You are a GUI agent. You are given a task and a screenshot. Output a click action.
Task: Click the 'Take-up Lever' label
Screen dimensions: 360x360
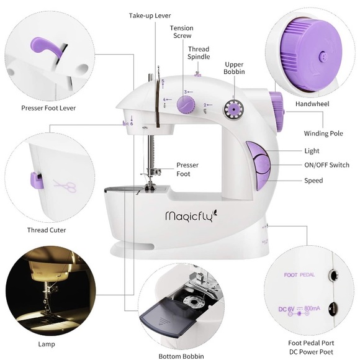tap(150, 15)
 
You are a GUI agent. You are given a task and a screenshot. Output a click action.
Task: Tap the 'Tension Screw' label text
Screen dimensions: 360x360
tap(182, 32)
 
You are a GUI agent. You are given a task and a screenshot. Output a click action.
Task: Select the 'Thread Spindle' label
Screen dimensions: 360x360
tap(199, 53)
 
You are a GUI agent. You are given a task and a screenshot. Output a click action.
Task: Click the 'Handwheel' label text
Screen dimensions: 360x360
tap(312, 104)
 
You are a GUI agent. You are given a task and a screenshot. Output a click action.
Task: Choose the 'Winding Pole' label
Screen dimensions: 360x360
tap(323, 133)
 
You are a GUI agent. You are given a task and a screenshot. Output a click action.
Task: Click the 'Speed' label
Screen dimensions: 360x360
tap(313, 181)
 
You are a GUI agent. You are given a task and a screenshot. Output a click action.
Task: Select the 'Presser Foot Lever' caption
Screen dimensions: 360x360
tap(48, 108)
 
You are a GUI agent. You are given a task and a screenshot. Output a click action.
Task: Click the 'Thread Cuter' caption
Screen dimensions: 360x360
tap(47, 230)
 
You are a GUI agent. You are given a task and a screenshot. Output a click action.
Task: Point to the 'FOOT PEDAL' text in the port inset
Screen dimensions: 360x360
tap(299, 274)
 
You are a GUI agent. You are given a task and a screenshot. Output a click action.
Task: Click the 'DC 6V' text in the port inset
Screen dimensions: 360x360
tap(285, 308)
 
